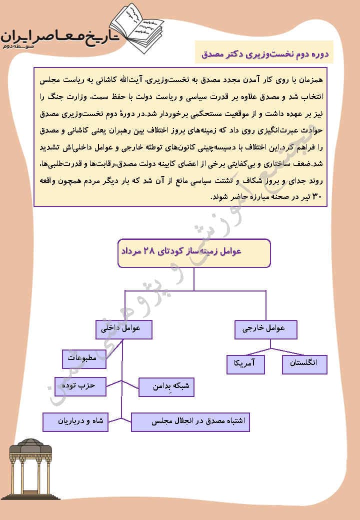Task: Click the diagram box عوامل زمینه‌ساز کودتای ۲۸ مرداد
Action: point(194,252)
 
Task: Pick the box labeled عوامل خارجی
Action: point(265,329)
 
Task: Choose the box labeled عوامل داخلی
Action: point(123,329)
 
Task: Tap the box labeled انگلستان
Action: point(304,363)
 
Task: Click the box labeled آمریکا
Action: point(245,364)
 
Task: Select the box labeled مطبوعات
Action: point(83,358)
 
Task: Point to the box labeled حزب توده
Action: point(80,386)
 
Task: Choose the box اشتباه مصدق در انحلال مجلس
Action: point(190,421)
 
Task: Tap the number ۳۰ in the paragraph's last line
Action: point(317,197)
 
